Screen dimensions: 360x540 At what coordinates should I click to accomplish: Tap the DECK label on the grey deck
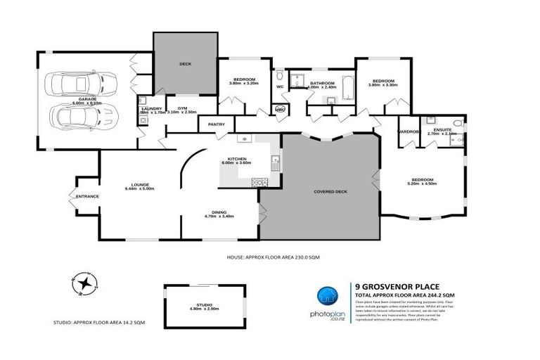185,64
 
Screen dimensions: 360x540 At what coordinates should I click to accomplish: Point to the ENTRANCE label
87,196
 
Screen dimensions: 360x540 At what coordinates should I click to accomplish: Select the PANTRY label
217,124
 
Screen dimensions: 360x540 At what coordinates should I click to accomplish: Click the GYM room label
182,109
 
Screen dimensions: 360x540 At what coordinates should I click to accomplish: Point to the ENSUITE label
442,131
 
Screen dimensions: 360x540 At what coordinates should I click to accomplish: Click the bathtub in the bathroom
347,88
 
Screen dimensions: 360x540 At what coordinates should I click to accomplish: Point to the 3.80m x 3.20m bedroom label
244,81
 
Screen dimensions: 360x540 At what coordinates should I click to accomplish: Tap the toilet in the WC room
279,75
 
